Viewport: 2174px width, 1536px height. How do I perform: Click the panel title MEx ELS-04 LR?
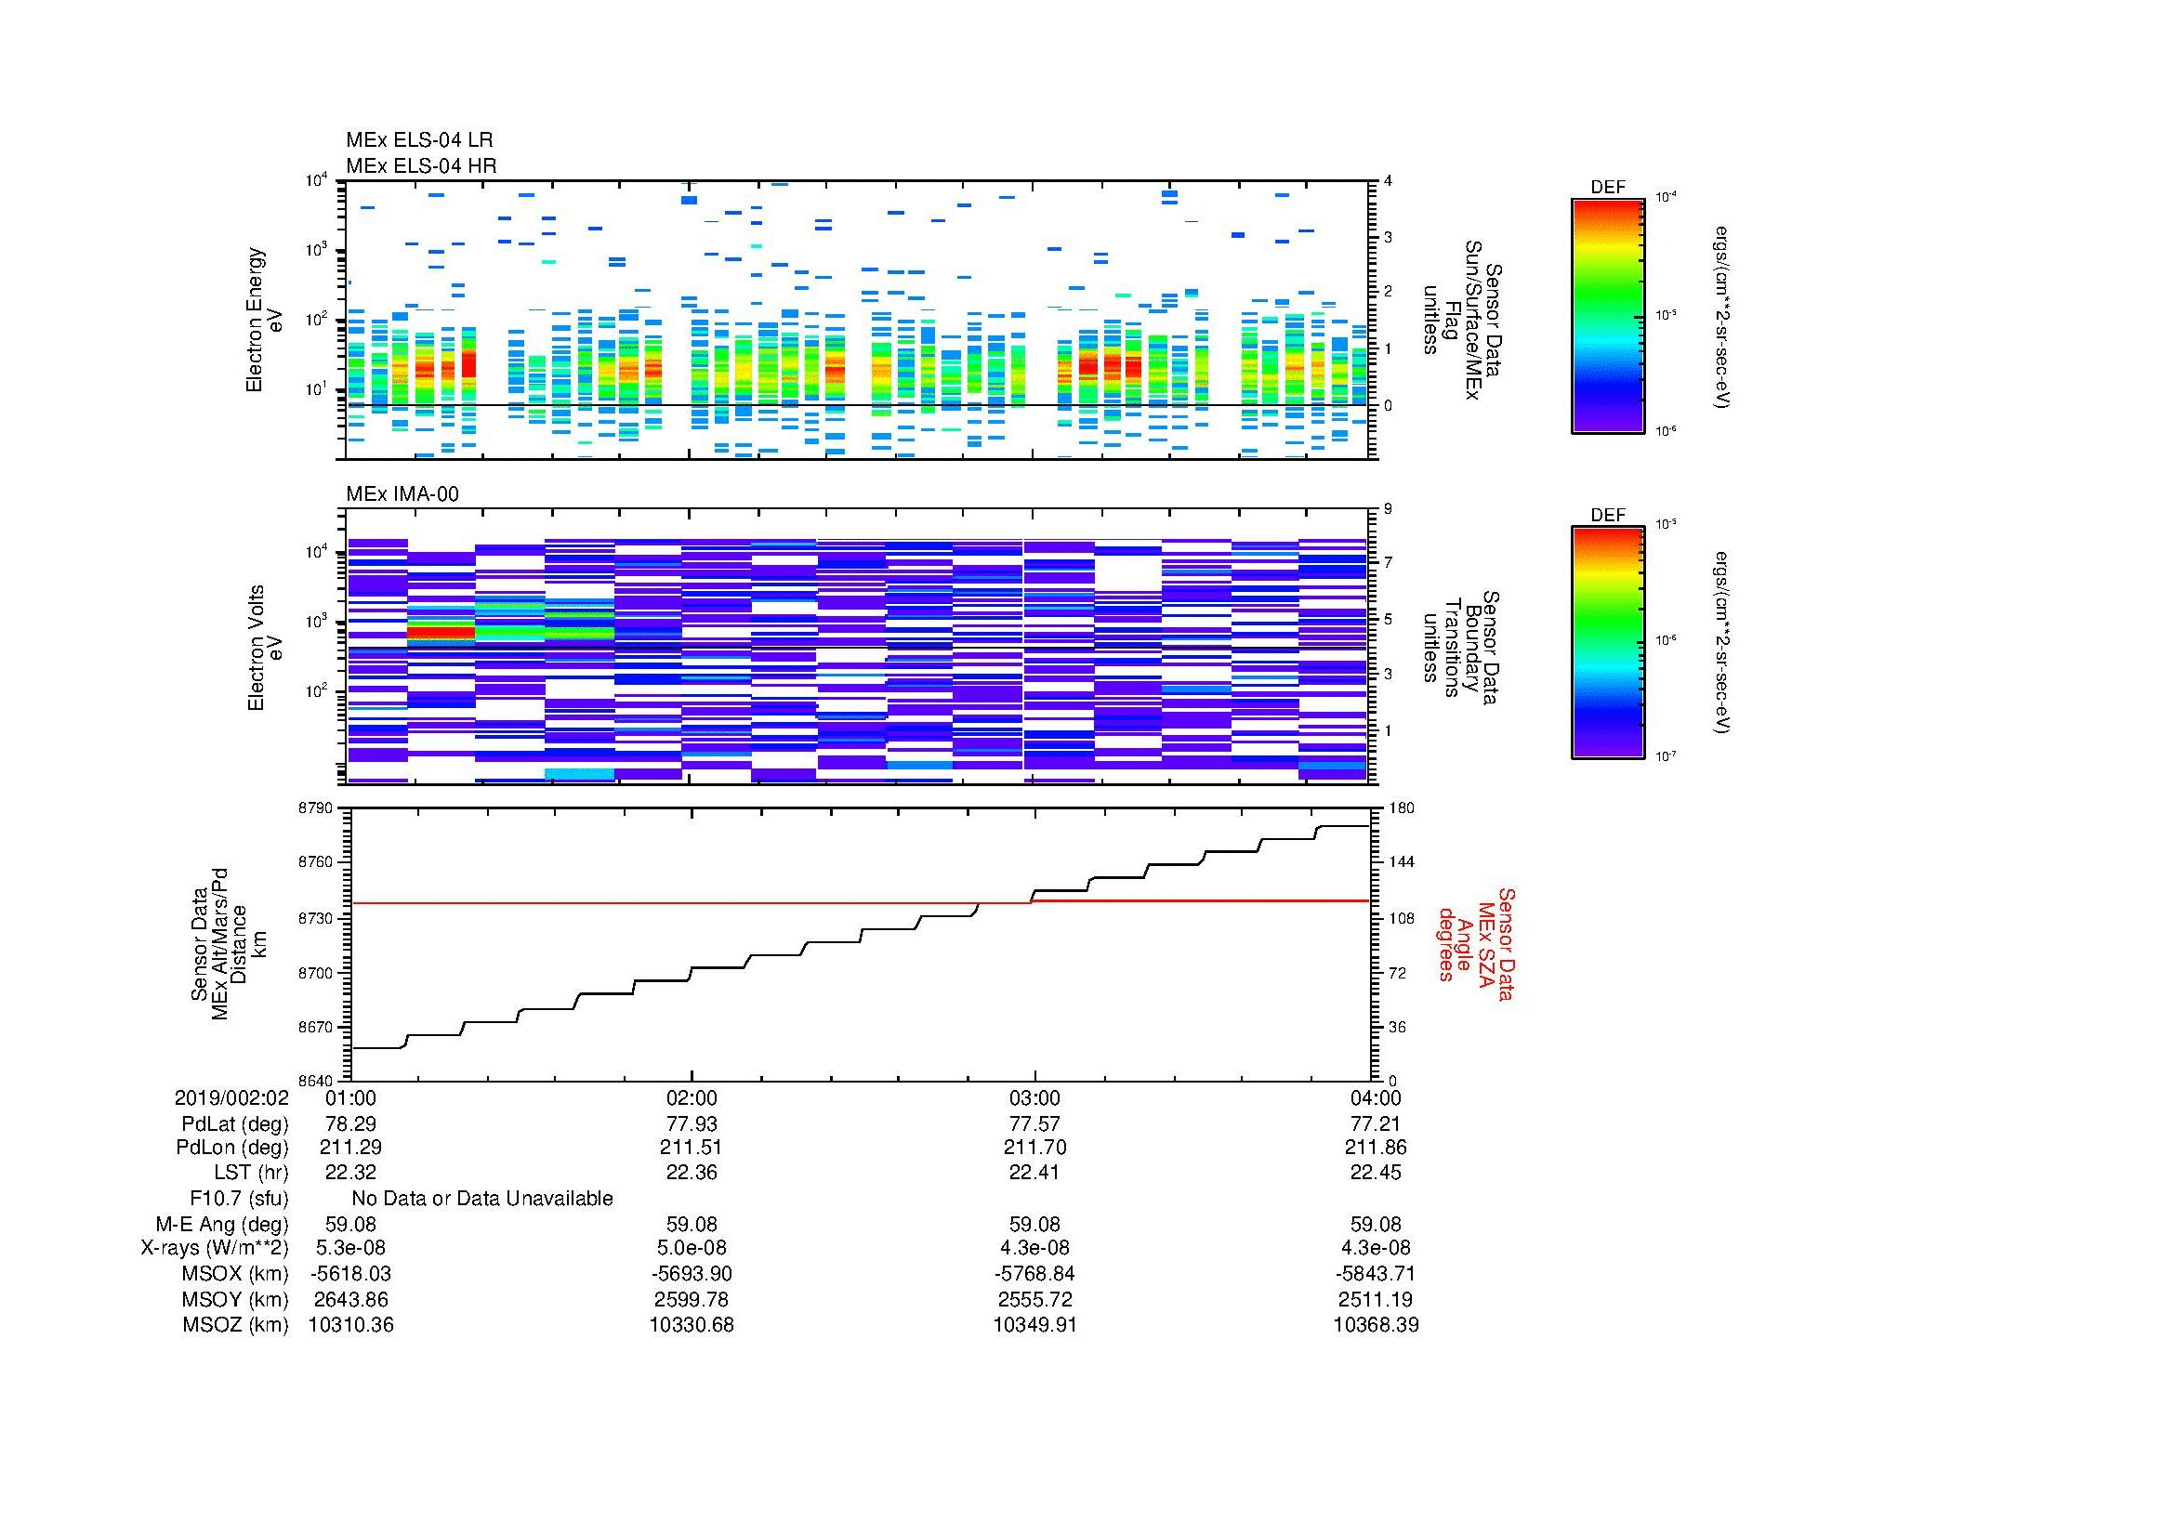tap(418, 140)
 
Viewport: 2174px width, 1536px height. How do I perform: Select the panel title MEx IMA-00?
tap(402, 494)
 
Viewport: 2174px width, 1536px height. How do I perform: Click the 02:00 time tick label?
tap(692, 1097)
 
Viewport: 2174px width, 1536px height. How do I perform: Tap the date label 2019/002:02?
tap(231, 1097)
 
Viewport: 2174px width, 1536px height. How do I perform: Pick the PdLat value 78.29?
tap(350, 1124)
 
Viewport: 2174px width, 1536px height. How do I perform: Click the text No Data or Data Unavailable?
tap(482, 1198)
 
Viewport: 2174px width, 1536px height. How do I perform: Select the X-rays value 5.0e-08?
tap(692, 1248)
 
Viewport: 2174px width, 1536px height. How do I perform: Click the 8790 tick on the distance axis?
tap(316, 808)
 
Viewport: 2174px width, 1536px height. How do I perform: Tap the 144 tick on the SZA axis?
tap(1402, 862)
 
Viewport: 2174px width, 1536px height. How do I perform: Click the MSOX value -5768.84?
tap(1034, 1274)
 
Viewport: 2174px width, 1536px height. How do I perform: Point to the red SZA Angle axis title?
tap(1475, 943)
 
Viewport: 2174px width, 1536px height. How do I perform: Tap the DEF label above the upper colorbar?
tap(1607, 188)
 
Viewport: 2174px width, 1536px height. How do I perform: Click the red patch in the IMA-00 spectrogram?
tap(441, 630)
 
